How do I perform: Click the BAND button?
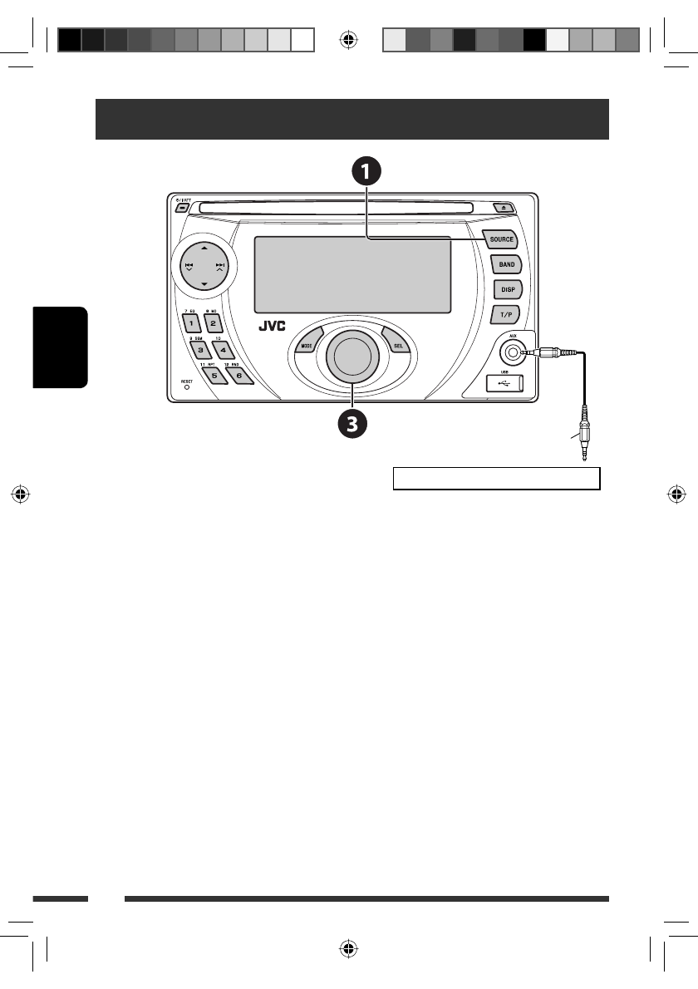[506, 264]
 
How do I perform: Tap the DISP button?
[506, 290]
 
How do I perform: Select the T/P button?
[505, 315]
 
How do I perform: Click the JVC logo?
[271, 327]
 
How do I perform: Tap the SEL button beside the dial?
[397, 343]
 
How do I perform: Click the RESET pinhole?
[187, 386]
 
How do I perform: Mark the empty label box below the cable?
[496, 479]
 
